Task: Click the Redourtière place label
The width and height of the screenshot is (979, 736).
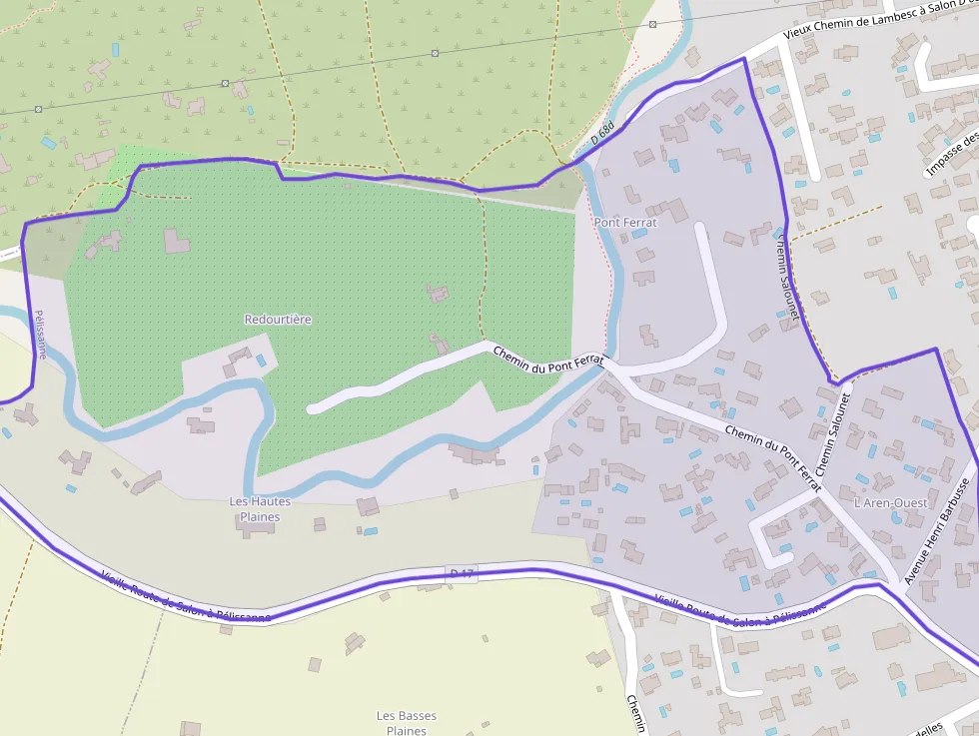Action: tap(278, 320)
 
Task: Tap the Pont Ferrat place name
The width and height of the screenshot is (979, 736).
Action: tap(625, 222)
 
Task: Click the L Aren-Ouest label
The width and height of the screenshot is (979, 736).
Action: tap(890, 502)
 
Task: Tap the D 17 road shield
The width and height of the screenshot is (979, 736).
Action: tap(462, 573)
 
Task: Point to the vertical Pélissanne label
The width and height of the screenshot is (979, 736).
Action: tap(41, 334)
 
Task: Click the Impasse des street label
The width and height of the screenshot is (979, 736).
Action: tap(952, 149)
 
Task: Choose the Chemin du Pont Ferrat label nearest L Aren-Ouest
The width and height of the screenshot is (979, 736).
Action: tap(773, 458)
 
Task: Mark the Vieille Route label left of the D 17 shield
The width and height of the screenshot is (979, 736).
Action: tap(186, 597)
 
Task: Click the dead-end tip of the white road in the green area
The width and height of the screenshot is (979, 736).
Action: tap(313, 407)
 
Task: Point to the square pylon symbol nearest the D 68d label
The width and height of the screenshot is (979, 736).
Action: tap(652, 23)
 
